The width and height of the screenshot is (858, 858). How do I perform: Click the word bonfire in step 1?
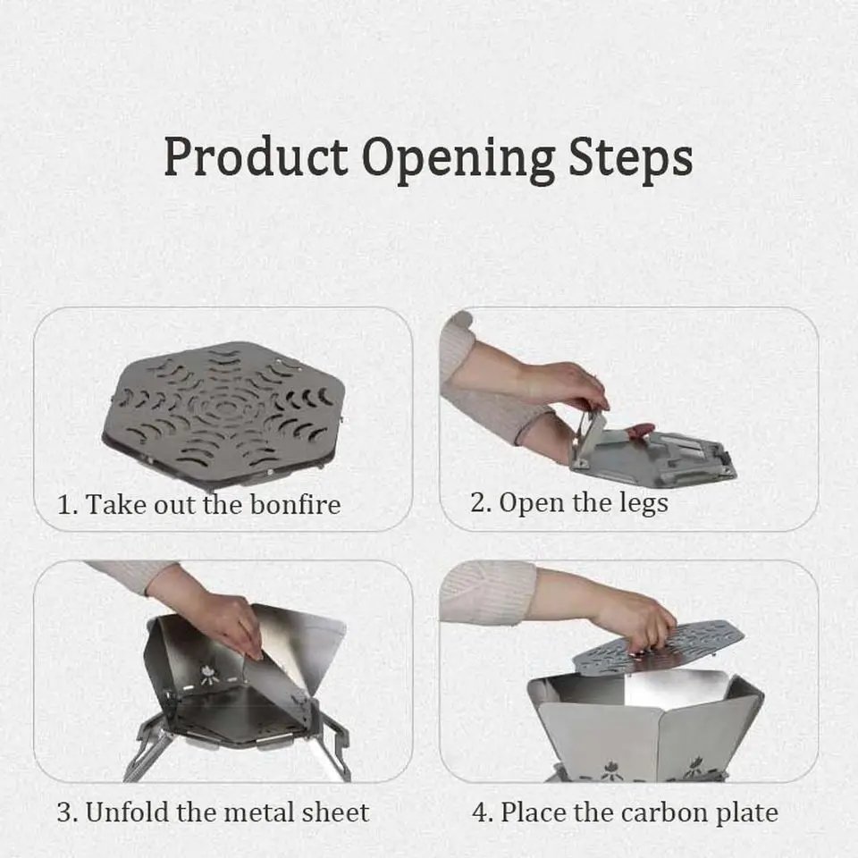295,504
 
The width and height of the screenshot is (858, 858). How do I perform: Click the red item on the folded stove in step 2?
640,432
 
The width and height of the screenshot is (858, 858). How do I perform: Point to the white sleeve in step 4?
487,592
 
